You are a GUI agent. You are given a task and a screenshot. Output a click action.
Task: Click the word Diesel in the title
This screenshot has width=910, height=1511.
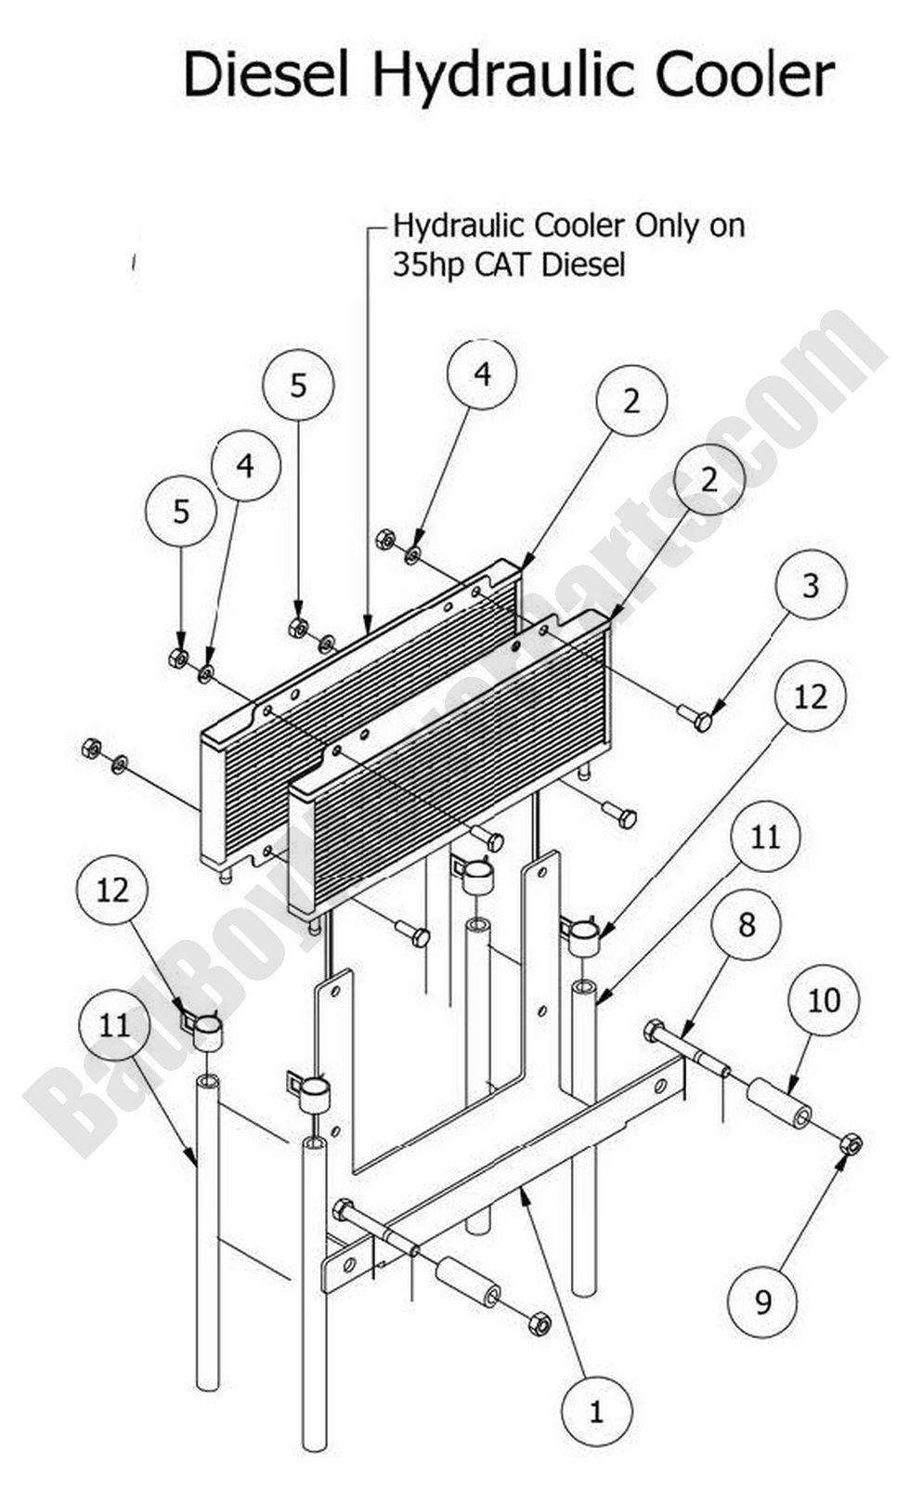click(x=266, y=76)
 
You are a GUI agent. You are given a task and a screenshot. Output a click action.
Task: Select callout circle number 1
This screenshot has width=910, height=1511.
click(x=596, y=1413)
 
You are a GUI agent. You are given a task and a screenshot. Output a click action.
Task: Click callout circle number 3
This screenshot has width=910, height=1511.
click(x=811, y=586)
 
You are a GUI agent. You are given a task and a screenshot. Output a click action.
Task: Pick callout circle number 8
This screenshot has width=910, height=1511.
click(x=747, y=924)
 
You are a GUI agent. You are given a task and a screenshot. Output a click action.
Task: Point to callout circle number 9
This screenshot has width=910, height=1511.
click(x=763, y=1302)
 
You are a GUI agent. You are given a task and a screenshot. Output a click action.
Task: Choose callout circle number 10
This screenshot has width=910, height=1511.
click(x=824, y=1000)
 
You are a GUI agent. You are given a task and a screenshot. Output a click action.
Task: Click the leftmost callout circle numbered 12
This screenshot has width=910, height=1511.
click(x=112, y=890)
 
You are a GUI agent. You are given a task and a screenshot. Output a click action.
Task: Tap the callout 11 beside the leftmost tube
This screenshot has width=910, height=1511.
click(x=114, y=1026)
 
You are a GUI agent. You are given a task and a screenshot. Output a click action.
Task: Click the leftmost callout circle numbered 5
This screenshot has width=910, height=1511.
click(x=181, y=511)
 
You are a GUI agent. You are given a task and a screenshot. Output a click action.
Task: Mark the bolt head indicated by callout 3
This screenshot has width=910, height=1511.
click(x=703, y=720)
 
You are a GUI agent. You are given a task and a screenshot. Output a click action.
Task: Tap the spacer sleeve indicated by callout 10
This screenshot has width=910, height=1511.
click(x=778, y=1103)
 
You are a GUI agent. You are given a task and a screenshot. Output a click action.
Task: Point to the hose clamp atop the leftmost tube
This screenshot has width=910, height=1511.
click(x=206, y=1029)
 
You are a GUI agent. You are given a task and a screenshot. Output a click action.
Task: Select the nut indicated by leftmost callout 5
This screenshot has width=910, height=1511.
click(x=178, y=658)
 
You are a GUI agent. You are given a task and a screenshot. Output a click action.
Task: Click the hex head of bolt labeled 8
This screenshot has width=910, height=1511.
click(x=653, y=1031)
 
